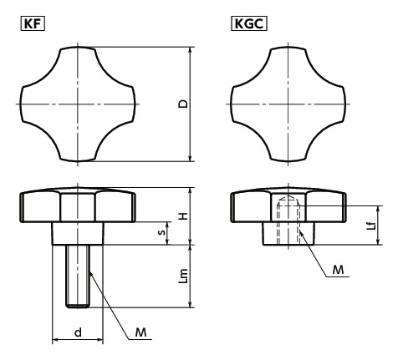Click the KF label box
point(33,23)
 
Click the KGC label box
point(249,23)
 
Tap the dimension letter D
point(183,104)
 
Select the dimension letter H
point(183,215)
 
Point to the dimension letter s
point(161,232)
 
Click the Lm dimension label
point(183,276)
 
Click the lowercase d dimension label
point(78,332)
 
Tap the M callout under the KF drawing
point(140,332)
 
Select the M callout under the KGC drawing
point(338,270)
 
